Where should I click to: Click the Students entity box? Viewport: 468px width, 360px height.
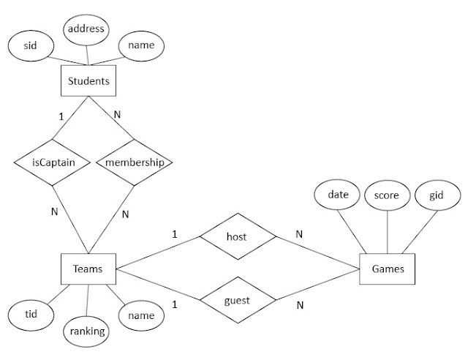point(88,81)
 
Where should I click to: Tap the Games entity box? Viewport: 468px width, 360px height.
point(387,269)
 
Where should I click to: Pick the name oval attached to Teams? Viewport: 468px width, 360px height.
point(140,315)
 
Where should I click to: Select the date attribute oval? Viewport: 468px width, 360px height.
point(339,195)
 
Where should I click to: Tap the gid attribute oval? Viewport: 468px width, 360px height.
point(437,195)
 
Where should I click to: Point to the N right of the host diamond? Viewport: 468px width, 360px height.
point(298,234)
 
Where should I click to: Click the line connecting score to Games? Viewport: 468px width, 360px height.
point(388,233)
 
